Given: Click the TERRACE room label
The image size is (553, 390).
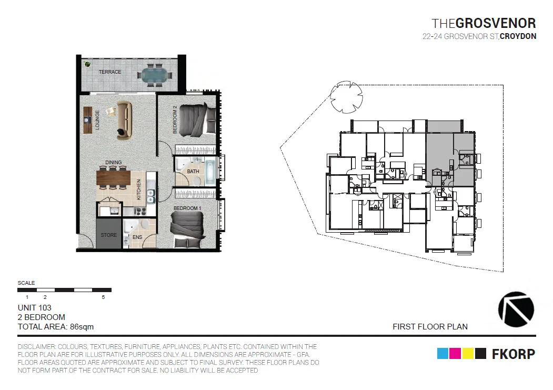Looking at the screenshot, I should pos(110,72).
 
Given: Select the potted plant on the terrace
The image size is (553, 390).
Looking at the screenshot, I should pos(86,64).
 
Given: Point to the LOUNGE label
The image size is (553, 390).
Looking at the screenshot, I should pos(98,122).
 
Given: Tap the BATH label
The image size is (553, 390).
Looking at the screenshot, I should pos(193,171).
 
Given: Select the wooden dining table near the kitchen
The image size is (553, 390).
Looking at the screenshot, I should pos(113,177).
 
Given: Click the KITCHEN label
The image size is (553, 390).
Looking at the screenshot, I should pos(139,189).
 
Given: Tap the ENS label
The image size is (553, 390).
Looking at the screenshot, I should pos(137,238).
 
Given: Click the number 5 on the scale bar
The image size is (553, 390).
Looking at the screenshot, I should pos(103,297).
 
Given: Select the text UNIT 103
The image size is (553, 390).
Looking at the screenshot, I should pos(35,307).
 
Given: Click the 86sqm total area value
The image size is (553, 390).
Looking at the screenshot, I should pos(82,327).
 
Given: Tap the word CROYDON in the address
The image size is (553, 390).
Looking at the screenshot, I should pos(518,37).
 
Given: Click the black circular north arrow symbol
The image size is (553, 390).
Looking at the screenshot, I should pos(516,309).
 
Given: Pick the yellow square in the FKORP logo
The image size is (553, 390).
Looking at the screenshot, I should pos(467,354).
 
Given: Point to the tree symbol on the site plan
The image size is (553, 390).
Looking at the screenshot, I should pos(346,97).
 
